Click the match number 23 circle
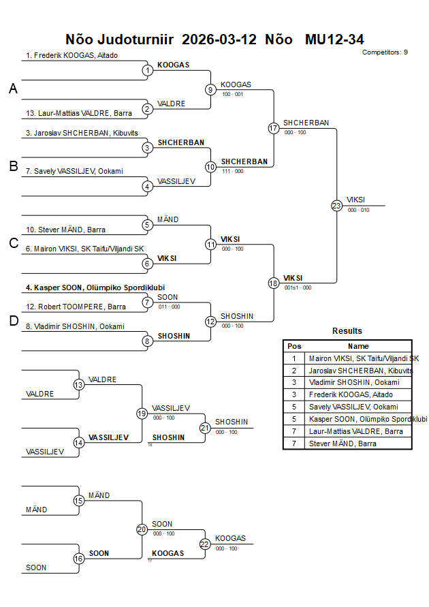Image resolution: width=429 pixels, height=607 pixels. pos(336,206)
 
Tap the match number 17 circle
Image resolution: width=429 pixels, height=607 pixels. pos(274,128)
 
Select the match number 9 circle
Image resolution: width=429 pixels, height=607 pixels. pos(210,89)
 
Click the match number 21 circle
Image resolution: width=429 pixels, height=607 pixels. pos(205,428)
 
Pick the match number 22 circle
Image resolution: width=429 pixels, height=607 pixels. pos(205,544)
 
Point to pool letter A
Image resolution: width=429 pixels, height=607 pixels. pos(12,89)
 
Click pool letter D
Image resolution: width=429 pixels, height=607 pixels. pos(12,321)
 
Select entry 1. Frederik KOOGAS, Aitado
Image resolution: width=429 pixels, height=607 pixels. pos(72,55)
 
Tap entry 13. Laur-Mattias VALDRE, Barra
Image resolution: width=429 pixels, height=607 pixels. pos(79,113)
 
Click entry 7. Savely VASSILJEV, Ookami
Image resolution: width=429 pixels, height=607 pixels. pos(74,171)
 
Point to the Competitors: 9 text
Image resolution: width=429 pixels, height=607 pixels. pos(385,52)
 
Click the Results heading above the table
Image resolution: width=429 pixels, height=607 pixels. pos(347,331)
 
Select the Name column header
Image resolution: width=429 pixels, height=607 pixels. pos(358,346)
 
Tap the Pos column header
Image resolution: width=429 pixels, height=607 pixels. pos(294,346)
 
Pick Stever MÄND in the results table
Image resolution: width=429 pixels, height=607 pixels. pos(344,443)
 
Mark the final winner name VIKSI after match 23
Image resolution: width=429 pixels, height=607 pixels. pos(355,200)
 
